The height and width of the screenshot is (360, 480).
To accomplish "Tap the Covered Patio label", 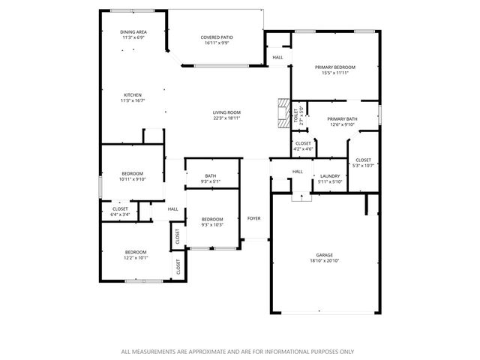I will tap(215, 37).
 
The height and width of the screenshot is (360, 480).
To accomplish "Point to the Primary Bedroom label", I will tap(334, 67).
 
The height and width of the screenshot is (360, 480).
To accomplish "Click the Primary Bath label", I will tap(342, 118).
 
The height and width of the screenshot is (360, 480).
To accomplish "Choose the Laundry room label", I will tap(330, 175).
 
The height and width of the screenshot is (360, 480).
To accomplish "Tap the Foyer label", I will tap(254, 218).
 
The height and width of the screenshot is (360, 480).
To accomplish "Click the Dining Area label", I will tap(133, 32).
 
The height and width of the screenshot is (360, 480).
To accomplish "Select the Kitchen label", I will tap(133, 95).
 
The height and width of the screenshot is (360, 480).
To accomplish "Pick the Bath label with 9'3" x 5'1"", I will tap(211, 176).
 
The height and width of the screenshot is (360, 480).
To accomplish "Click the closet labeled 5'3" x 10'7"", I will tap(364, 160).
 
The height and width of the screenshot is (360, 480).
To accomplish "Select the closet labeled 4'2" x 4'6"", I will tap(303, 142).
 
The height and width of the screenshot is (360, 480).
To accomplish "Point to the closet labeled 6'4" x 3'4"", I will tap(120, 208).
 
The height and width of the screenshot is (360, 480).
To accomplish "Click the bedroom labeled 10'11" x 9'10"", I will tap(132, 173).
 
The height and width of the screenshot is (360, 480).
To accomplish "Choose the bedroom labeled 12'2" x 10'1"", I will tap(136, 252).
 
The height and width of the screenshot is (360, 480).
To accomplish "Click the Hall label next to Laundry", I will tap(298, 172).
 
